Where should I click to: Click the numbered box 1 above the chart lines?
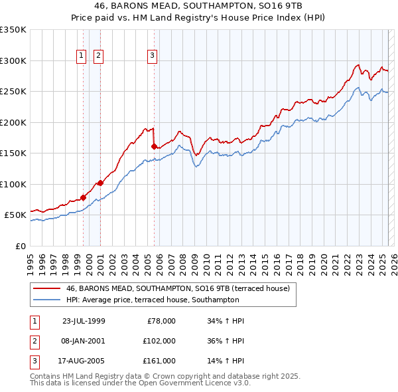pos(81,56)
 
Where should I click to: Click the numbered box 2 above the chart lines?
pos(98,56)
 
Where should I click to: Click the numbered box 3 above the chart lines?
pos(152,56)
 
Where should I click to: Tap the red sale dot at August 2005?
pos(154,146)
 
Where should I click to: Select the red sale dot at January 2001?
pos(100,183)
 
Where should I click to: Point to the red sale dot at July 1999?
pos(84,197)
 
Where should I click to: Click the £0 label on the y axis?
pos(19,246)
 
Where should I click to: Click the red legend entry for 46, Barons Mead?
pos(178,289)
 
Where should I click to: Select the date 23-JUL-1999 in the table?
pos(84,321)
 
